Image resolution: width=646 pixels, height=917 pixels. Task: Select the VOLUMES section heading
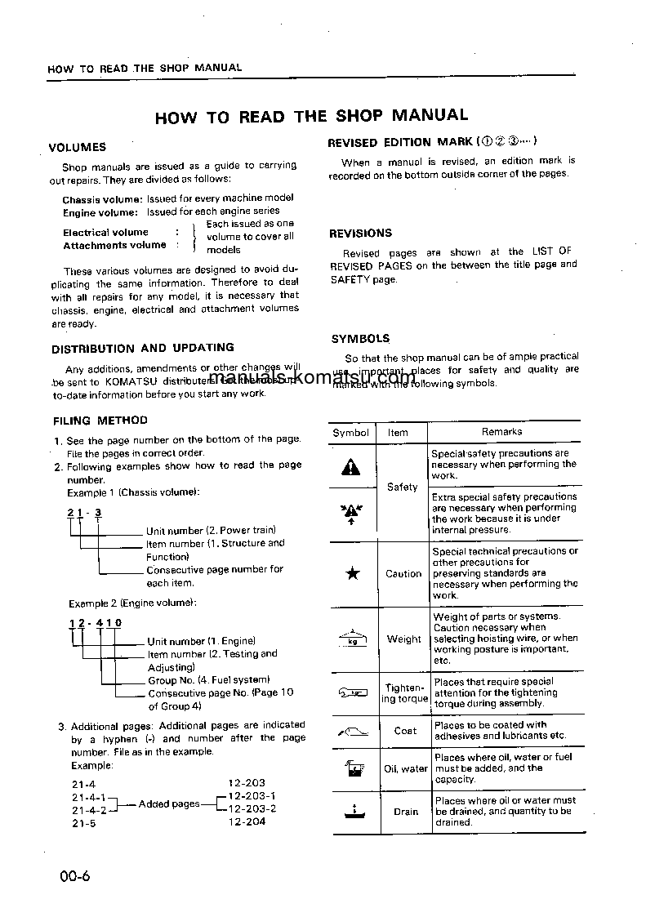coord(77,148)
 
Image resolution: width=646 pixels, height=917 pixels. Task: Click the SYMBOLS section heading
coord(360,339)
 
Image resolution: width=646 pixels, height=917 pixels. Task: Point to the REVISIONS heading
coord(360,234)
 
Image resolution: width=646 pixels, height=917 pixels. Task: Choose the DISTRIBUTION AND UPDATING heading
coord(143,348)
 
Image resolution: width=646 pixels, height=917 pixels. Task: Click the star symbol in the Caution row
coord(352,573)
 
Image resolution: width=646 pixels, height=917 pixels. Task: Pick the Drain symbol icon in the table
coord(353,811)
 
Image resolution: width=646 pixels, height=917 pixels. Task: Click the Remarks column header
coord(501,432)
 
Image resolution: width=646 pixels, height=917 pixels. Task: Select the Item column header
coord(399,433)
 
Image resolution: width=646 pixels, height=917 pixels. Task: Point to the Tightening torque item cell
coord(404,693)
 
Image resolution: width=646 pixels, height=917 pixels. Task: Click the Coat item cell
coord(405,731)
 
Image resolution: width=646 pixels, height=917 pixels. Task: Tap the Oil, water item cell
coord(406,768)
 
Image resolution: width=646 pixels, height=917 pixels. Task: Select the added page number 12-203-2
coord(252,808)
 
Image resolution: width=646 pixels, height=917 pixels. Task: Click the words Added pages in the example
coord(169,803)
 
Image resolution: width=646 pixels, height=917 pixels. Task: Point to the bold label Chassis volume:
coord(102,199)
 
